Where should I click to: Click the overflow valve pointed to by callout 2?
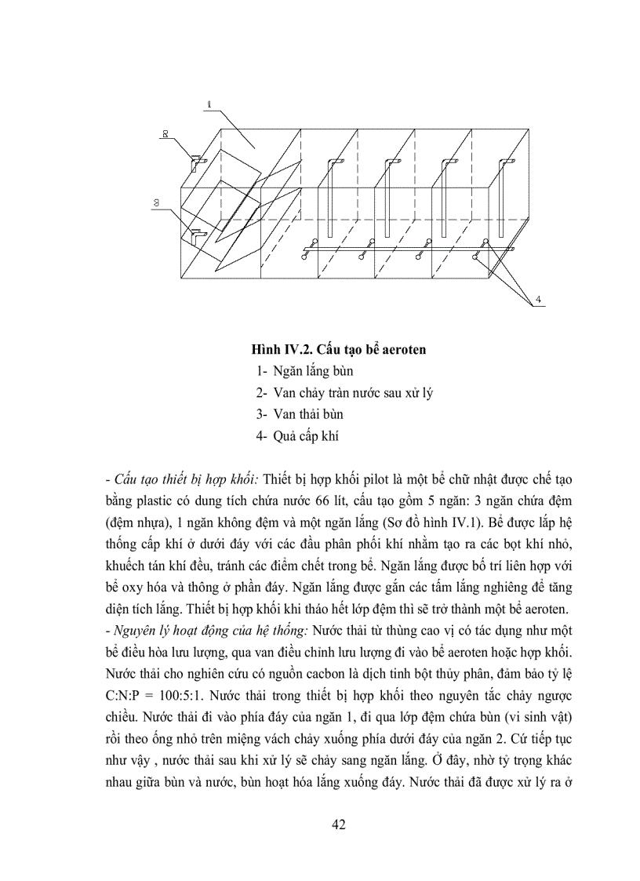click(195, 162)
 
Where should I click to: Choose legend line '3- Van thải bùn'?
click(299, 414)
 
